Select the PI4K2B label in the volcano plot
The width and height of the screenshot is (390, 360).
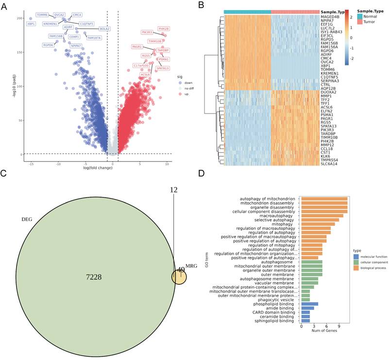pyautogui.click(x=164, y=29)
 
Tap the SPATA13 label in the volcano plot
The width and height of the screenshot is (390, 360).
pyautogui.click(x=163, y=68)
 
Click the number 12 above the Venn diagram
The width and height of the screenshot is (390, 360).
pyautogui.click(x=174, y=190)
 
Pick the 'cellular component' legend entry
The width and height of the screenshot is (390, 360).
pyautogui.click(x=373, y=262)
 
